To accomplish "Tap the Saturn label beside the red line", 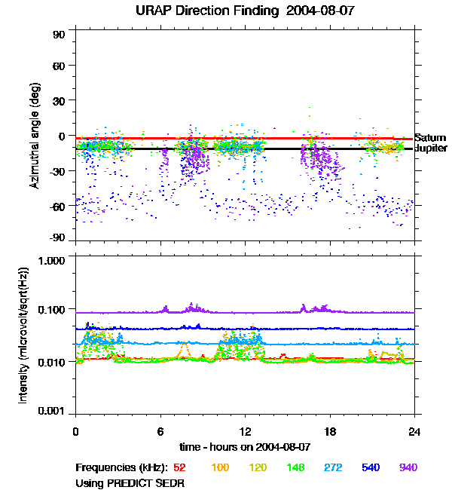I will [x=430, y=138].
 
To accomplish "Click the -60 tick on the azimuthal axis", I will [x=58, y=205].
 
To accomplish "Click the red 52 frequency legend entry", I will [x=179, y=467].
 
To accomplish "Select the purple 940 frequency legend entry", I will [x=408, y=467].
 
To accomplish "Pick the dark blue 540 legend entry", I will [x=371, y=467].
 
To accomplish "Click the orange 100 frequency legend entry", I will [x=220, y=467].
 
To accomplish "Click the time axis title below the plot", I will [x=246, y=446].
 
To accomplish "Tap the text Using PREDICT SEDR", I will [x=130, y=482].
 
